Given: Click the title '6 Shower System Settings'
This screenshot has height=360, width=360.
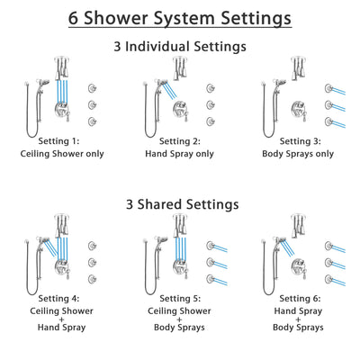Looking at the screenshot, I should [x=180, y=17].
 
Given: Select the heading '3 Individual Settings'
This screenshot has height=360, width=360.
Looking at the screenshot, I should [x=180, y=46].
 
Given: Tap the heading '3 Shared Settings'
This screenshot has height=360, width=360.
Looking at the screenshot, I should [x=180, y=204].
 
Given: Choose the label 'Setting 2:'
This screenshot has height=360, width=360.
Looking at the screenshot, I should [x=181, y=141].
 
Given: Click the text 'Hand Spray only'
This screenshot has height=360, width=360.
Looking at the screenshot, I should [x=181, y=154].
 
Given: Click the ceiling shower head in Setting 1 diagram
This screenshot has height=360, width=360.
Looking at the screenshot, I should [x=61, y=65].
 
